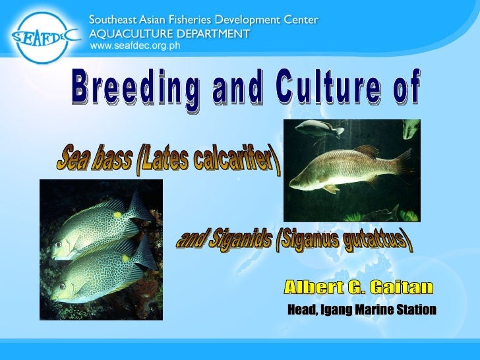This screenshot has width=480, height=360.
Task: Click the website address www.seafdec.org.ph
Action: pyautogui.click(x=135, y=45)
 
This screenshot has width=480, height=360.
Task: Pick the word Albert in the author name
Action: pyautogui.click(x=314, y=287)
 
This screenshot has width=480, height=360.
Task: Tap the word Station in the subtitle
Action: pyautogui.click(x=415, y=309)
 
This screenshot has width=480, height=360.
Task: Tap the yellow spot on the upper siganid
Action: pyautogui.click(x=117, y=214)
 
